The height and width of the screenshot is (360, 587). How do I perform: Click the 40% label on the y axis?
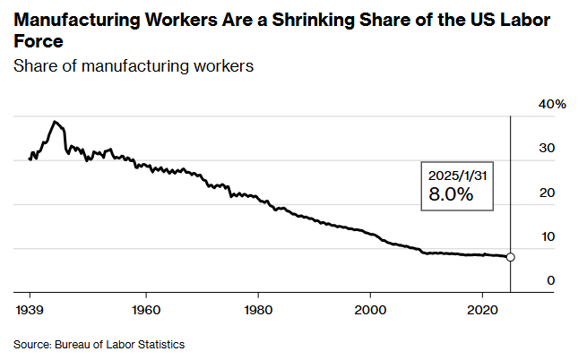[x=552, y=105]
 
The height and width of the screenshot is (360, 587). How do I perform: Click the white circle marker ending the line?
[x=511, y=257]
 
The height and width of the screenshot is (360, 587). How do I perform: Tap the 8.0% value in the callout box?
[x=452, y=194]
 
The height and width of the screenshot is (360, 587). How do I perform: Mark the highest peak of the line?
[x=55, y=121]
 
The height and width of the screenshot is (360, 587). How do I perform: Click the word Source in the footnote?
[x=30, y=344]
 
